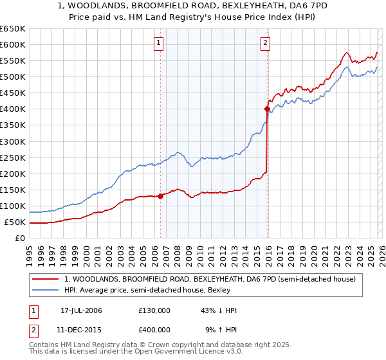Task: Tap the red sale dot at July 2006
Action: [x=160, y=196]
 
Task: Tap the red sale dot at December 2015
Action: [x=267, y=109]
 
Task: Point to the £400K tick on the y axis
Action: [x=13, y=109]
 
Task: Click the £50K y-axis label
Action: [x=15, y=222]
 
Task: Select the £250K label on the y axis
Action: [x=13, y=157]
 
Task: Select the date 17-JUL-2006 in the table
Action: [x=81, y=310]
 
